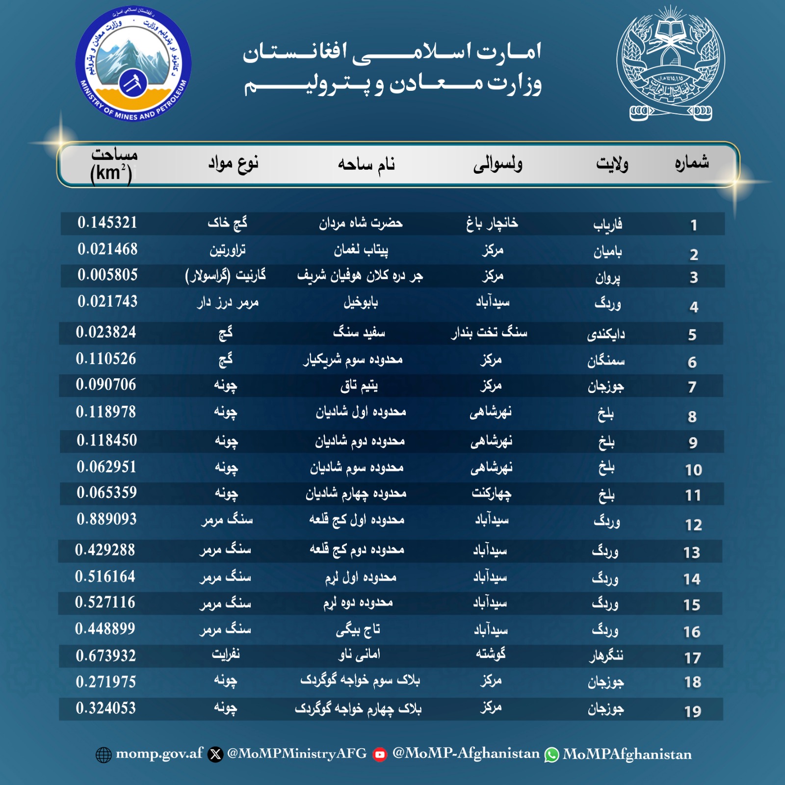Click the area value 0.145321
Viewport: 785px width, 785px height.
click(x=107, y=223)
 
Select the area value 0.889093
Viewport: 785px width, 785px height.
click(x=106, y=519)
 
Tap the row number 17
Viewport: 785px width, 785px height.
click(x=692, y=658)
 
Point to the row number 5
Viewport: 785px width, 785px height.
click(x=692, y=335)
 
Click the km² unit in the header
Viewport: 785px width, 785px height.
click(x=111, y=174)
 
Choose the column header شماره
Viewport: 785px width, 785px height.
click(x=692, y=162)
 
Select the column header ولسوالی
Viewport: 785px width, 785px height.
click(x=497, y=164)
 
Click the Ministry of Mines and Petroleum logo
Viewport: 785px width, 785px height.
click(x=133, y=64)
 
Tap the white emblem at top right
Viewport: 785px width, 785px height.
click(x=671, y=64)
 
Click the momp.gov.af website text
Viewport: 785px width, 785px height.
click(x=159, y=754)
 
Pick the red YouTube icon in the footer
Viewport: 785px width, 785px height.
click(x=380, y=755)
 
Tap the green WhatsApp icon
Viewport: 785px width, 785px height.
click(x=551, y=755)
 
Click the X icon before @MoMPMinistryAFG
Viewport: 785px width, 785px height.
click(x=215, y=755)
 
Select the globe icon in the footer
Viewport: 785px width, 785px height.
click(x=104, y=755)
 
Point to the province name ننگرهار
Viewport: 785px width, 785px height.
click(x=606, y=656)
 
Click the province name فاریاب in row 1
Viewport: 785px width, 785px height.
click(x=607, y=225)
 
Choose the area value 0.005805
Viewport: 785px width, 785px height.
click(x=107, y=275)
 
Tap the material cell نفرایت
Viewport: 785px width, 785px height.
click(x=226, y=654)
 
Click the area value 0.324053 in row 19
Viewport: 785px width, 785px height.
click(x=106, y=708)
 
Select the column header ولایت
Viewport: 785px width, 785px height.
click(x=612, y=164)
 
